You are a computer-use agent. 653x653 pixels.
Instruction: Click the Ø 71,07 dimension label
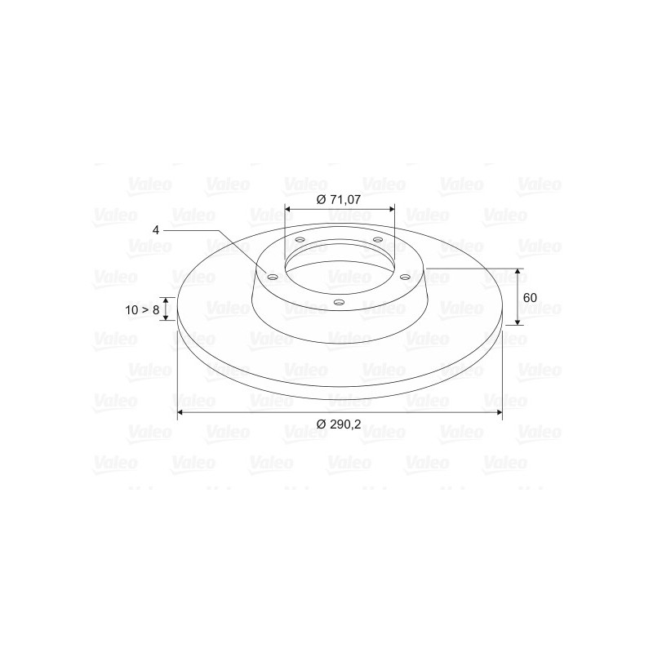[339, 199]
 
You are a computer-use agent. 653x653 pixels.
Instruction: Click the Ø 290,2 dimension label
[339, 424]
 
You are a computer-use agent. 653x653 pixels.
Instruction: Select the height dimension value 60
[530, 298]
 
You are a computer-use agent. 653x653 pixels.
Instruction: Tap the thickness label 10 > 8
[142, 310]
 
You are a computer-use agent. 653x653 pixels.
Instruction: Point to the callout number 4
[156, 230]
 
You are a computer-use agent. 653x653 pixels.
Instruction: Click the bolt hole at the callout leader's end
[273, 278]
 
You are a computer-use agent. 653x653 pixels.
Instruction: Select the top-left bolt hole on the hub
[300, 240]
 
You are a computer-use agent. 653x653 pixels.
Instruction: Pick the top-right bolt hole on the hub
[378, 239]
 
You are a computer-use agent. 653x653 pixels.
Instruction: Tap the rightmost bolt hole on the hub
[404, 277]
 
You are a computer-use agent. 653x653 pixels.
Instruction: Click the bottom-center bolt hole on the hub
[340, 302]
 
